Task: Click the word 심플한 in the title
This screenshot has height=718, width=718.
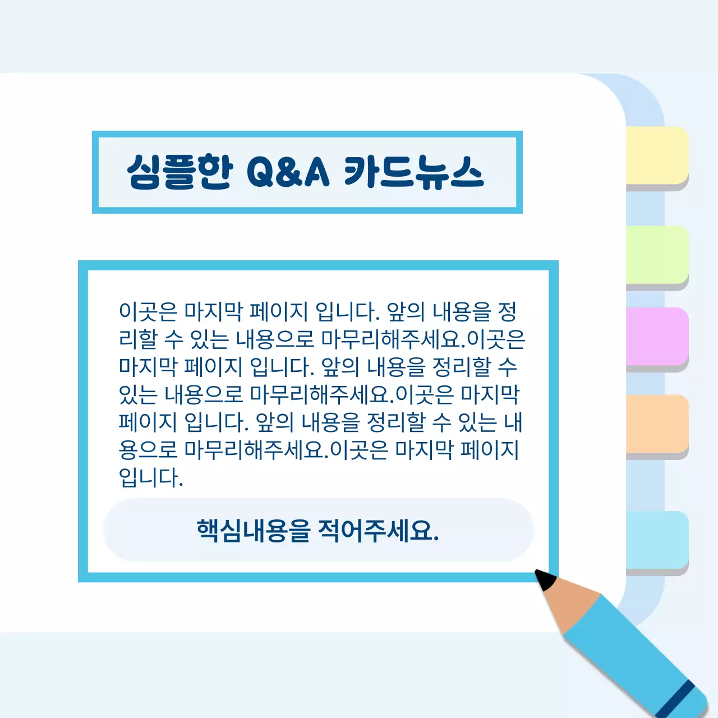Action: [x=179, y=171]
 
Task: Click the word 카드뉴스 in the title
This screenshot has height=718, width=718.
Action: [x=413, y=171]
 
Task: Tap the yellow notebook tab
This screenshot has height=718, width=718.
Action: [x=657, y=155]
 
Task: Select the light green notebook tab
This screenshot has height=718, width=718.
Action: [x=657, y=255]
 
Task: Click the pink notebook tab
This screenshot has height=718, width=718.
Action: [x=657, y=336]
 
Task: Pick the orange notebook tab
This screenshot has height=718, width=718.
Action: [x=657, y=424]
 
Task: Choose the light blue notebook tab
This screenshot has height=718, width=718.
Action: [x=657, y=540]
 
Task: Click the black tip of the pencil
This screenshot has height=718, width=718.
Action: [x=544, y=579]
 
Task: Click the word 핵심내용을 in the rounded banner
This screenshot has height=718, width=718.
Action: [x=253, y=530]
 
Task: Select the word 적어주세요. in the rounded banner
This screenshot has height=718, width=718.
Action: [x=378, y=530]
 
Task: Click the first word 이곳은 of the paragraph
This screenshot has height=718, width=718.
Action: [x=148, y=311]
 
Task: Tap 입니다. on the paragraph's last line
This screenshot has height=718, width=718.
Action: [x=151, y=477]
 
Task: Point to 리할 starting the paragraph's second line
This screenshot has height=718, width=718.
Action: [x=138, y=339]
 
